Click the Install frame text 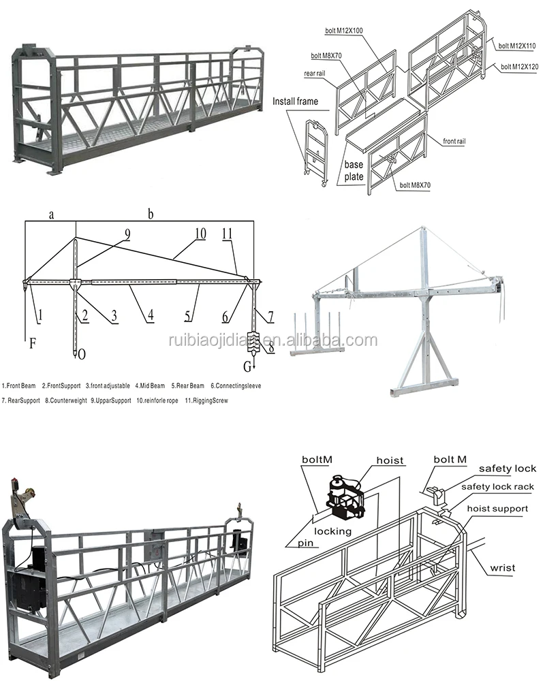296,101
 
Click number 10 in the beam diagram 200,234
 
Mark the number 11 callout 228,234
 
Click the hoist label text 390,461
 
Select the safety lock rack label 497,487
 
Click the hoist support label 497,508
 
